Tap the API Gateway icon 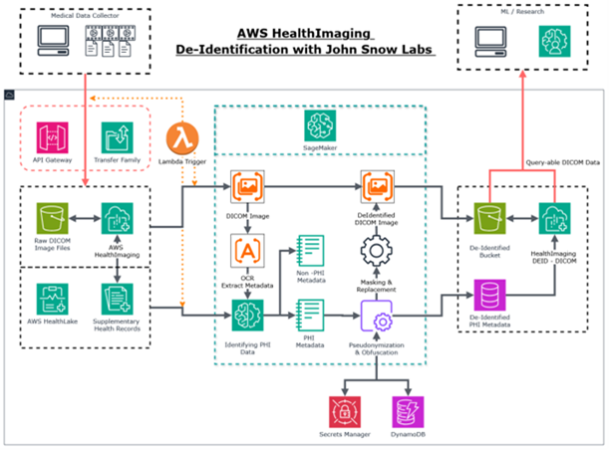pos(54,139)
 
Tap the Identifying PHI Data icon pos(246,318)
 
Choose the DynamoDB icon pos(407,410)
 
